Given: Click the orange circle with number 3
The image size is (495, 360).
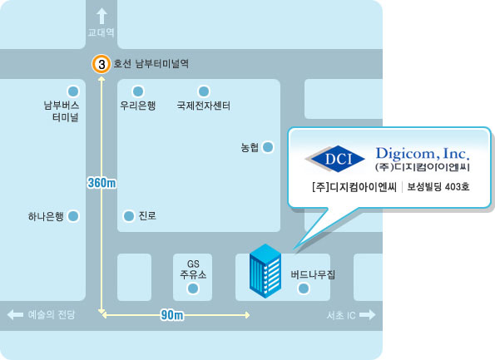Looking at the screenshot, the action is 101,64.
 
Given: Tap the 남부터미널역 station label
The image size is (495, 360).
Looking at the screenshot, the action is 162,64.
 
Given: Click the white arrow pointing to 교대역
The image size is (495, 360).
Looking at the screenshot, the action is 101,16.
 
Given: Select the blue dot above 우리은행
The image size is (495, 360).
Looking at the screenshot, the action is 138,91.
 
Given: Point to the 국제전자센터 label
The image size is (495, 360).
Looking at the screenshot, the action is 204,106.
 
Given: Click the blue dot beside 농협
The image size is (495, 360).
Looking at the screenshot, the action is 268,147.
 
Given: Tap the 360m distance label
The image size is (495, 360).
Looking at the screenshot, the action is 101,183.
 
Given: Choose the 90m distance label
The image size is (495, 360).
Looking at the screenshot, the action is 172,315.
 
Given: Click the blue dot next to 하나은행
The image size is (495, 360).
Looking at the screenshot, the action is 73,216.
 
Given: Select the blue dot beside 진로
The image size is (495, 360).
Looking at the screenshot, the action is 129,216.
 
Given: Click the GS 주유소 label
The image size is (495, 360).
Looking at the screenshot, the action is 193,269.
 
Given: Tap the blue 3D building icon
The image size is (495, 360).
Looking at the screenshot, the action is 265,271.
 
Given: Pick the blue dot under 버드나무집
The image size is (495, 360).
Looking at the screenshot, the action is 304,288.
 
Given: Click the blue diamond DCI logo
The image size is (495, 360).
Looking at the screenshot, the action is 335,159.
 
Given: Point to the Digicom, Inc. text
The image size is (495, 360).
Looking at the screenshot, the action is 423,153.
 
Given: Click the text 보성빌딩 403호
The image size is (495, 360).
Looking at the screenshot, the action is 438,187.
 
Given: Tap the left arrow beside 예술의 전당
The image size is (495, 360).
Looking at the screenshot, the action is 15,314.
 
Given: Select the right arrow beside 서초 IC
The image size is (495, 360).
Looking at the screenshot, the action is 368,314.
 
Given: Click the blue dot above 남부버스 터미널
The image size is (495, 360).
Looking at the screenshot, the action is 73,91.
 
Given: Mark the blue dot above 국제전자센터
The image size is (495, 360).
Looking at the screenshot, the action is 204,91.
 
